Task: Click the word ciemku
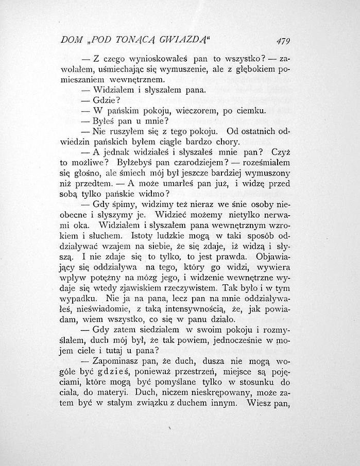point(250,110)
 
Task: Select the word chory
point(228,142)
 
